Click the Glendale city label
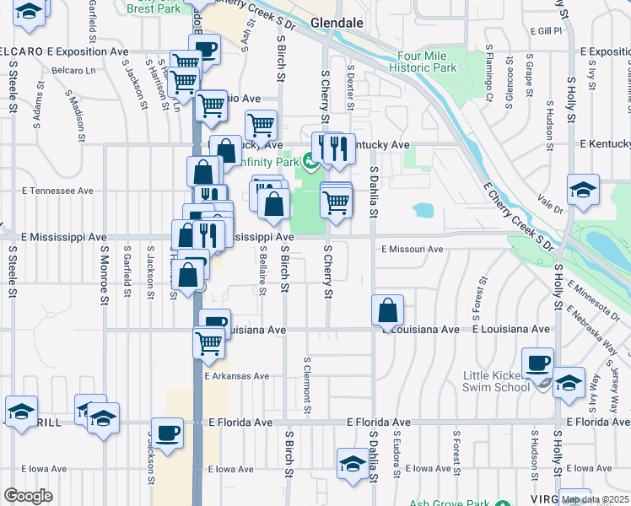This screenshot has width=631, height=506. click(335, 24)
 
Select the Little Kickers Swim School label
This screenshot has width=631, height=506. click(495, 381)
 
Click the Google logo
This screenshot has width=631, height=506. click(28, 496)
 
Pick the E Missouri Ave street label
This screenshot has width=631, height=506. click(412, 250)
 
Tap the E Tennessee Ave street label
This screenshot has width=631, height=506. click(57, 191)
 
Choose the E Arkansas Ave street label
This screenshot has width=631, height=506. click(235, 376)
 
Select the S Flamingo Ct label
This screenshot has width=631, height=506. click(488, 76)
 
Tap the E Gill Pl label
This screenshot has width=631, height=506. click(546, 30)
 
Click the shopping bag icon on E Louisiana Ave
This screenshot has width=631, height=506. click(387, 310)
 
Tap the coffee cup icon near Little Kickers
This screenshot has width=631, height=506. click(537, 363)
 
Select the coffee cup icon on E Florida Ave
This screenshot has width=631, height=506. click(167, 432)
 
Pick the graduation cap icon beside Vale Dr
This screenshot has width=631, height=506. click(583, 190)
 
